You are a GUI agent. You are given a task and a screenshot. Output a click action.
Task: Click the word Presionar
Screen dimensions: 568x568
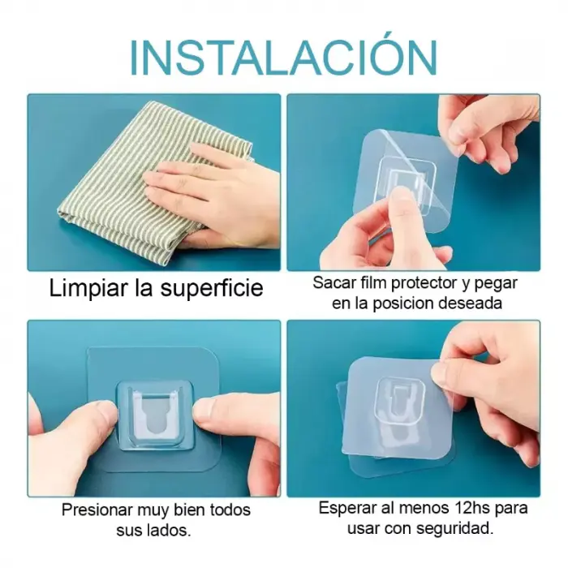click(97, 510)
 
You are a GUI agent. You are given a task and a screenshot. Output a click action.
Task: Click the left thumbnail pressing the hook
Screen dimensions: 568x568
click(105, 414)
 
